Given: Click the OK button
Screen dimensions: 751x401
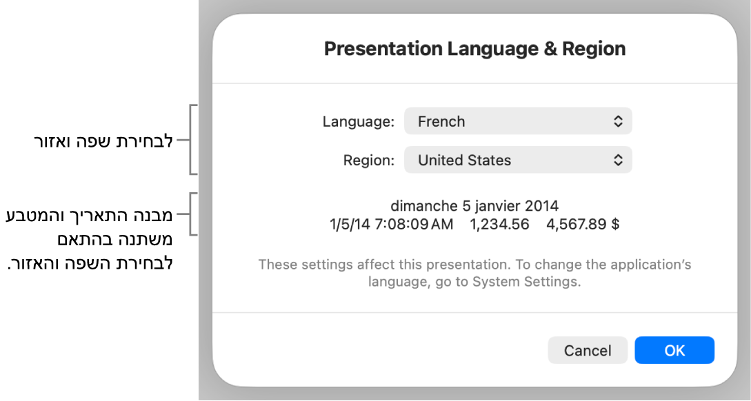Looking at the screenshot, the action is pos(674,350).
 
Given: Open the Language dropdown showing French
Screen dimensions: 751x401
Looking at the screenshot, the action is pos(518,121).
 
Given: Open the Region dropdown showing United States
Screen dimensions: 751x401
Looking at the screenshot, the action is pos(518,160).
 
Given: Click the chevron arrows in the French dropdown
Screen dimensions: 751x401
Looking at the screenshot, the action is pos(618,121).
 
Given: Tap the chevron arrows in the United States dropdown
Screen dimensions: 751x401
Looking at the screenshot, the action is pos(618,160).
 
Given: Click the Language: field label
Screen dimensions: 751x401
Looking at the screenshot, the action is pos(358,121).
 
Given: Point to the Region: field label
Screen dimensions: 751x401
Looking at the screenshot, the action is pos(369,161).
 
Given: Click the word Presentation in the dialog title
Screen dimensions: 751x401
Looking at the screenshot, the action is pos(383,49).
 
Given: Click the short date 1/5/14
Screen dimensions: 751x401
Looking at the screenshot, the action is pos(350,225).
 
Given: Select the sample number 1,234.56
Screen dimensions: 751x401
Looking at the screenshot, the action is pos(499,225).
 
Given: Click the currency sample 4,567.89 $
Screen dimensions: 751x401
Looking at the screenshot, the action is pos(583,225).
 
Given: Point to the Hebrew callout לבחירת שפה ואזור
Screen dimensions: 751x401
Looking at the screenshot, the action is pos(103,142).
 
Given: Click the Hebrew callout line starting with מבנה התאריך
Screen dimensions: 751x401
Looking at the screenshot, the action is pos(89,215).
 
